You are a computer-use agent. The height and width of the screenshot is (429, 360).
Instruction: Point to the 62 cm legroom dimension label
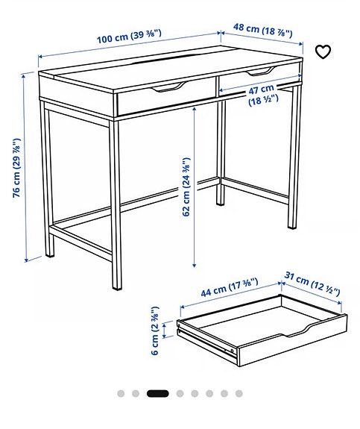[x=186, y=187]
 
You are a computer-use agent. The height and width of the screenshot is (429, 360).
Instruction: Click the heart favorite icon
[x=322, y=51]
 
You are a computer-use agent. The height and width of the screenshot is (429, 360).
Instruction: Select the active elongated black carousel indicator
[x=157, y=393]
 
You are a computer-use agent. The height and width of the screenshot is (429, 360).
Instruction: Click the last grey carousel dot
[x=239, y=393]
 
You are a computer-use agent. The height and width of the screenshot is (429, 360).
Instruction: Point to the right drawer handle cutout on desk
[x=258, y=72]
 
